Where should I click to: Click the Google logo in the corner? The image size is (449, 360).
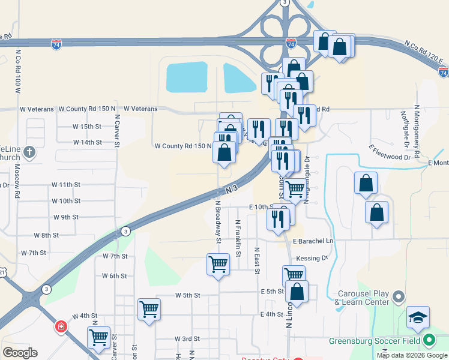click(x=20, y=352)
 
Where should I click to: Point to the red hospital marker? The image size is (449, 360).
click(x=61, y=327)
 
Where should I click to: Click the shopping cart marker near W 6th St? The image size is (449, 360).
click(x=218, y=264)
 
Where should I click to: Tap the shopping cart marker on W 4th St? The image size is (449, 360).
click(x=149, y=310)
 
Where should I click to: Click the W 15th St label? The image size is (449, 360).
click(x=87, y=127)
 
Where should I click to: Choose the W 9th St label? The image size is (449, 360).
click(x=65, y=217)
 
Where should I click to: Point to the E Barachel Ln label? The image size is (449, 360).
click(x=313, y=241)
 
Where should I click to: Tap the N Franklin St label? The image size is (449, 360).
click(x=238, y=238)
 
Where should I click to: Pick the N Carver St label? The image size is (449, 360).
click(x=118, y=131)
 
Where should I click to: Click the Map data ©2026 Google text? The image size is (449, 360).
click(x=411, y=355)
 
